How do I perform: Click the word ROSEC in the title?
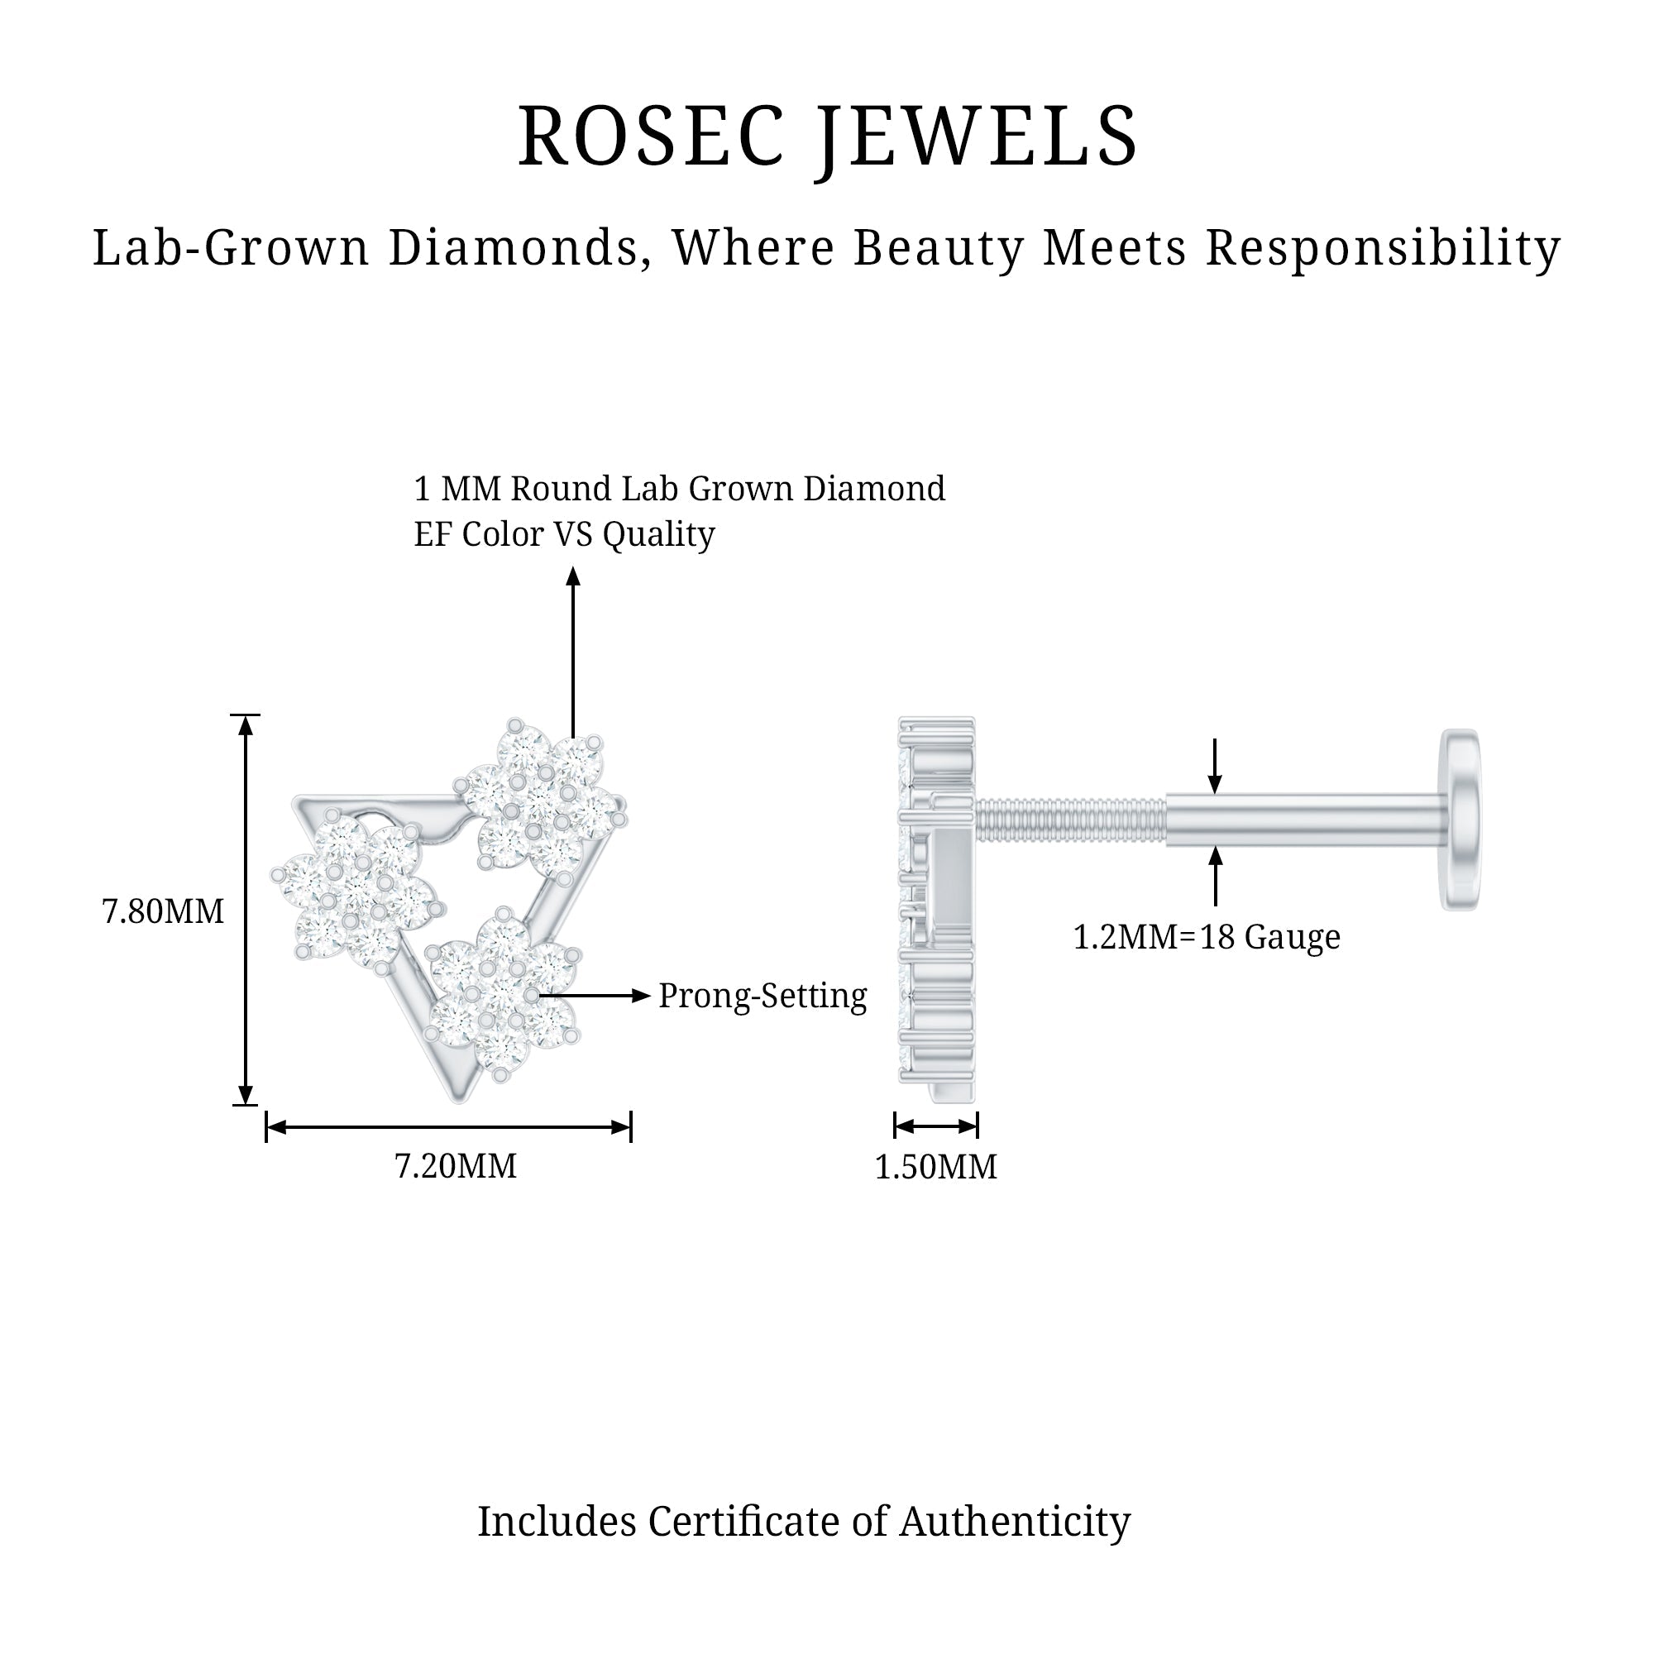click(650, 137)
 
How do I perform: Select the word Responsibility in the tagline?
click(1383, 248)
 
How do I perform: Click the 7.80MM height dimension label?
click(163, 911)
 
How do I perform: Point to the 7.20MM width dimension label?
click(456, 1166)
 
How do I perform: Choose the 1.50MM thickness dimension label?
click(935, 1167)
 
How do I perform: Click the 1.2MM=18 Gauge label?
click(1207, 937)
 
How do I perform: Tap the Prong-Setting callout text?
click(762, 996)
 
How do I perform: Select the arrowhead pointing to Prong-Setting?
click(641, 995)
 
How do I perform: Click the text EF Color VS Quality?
click(564, 534)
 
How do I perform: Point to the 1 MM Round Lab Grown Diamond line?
click(679, 489)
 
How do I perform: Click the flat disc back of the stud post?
click(1460, 820)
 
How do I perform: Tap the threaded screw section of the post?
click(1070, 820)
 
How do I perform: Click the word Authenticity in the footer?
click(1015, 1522)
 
